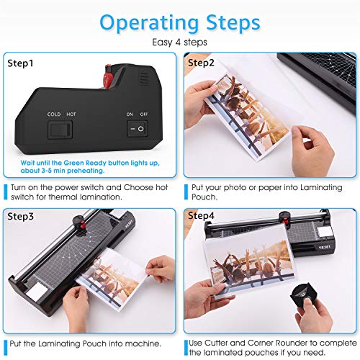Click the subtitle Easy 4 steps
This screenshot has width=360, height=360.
pyautogui.click(x=180, y=42)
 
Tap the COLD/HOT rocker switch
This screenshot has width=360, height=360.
pyautogui.click(x=58, y=130)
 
